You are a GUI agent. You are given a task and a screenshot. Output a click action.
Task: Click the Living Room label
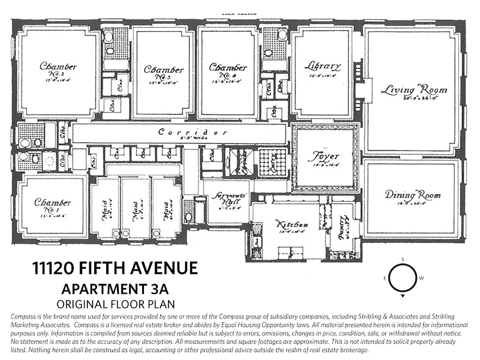coord(414,90)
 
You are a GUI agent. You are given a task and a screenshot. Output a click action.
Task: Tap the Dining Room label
coord(413,195)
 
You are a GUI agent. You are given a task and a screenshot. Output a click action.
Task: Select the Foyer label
coord(324,157)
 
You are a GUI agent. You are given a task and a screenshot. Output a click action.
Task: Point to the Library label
coord(323,66)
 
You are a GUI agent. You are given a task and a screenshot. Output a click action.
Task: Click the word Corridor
coord(193,132)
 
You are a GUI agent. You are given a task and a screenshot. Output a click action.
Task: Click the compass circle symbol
coord(403,278)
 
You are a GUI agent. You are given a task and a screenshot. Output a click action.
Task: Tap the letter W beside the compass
coord(422,278)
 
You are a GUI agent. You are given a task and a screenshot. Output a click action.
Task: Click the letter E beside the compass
coord(385,278)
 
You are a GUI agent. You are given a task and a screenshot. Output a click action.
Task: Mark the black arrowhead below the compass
coord(403,297)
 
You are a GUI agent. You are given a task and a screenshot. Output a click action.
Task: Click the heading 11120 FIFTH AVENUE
coord(115,269)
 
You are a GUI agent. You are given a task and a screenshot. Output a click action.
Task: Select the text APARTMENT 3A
coord(115,288)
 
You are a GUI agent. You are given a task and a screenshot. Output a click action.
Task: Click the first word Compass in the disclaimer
coord(22,317)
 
